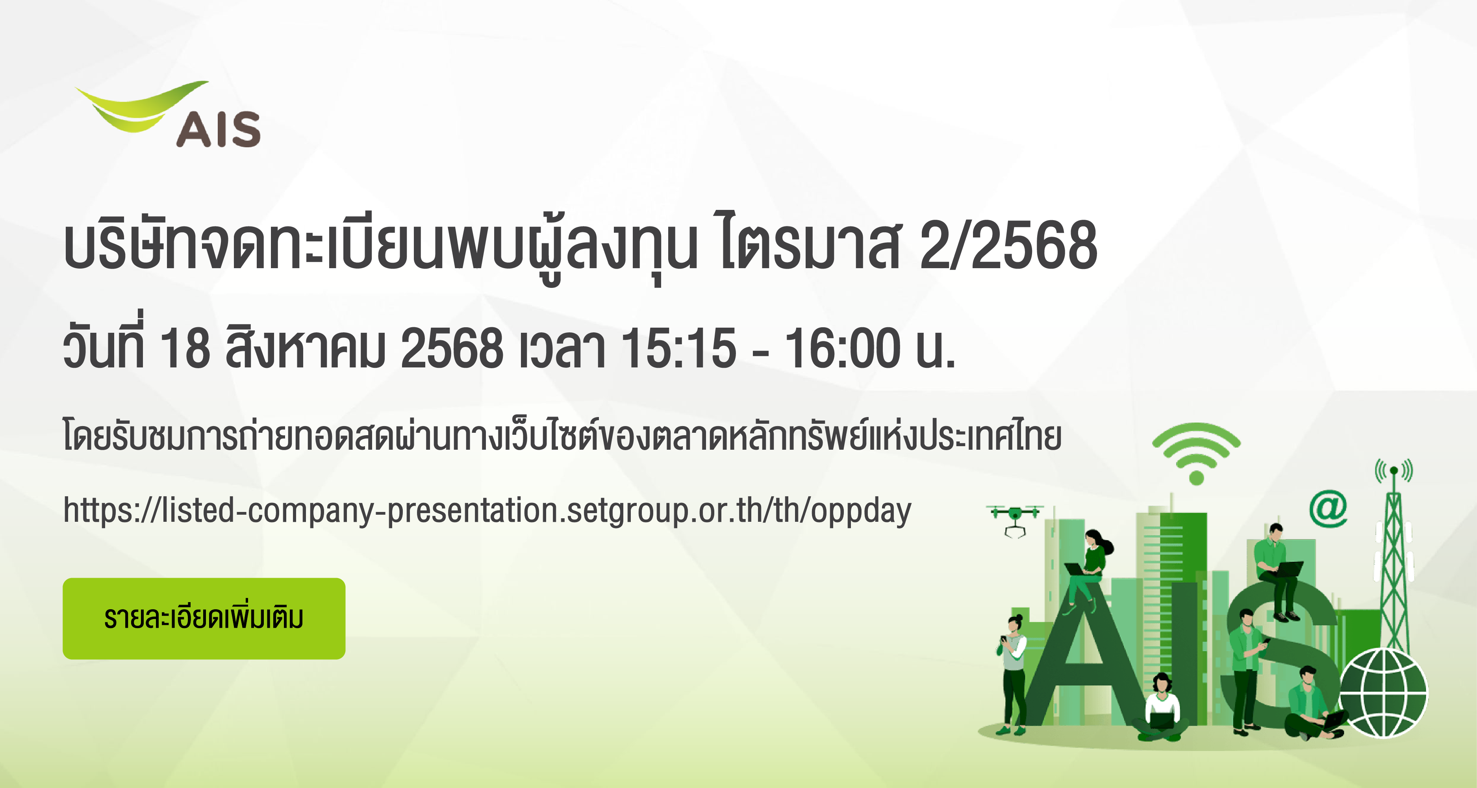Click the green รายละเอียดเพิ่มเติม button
(204, 618)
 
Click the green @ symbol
(1328, 509)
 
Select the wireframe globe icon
(1383, 693)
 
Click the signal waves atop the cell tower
(1394, 470)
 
